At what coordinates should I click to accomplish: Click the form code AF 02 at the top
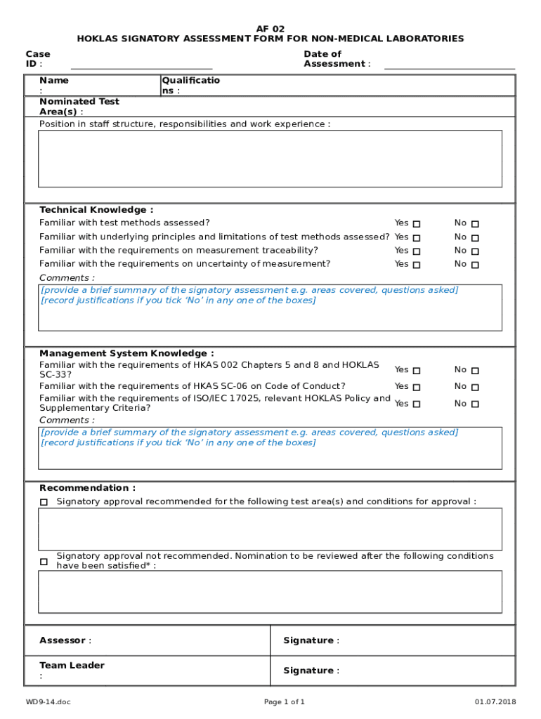tap(270, 29)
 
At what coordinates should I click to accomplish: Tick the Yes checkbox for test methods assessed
tap(417, 224)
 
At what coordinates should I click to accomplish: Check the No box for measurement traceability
tap(475, 251)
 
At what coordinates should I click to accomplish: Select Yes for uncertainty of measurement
tap(417, 265)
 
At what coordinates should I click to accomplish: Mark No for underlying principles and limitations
tap(475, 238)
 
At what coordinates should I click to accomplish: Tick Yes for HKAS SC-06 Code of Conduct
tap(417, 387)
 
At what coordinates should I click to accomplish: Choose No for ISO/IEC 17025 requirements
tap(475, 404)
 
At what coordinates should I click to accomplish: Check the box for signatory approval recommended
tap(44, 502)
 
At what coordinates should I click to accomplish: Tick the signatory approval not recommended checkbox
tap(44, 562)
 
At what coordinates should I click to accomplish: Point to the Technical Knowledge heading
tap(96, 210)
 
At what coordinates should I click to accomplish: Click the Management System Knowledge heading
tap(126, 353)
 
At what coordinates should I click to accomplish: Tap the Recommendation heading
tap(88, 488)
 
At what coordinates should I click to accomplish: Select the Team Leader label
tap(72, 666)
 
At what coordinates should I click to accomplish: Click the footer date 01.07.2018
tap(495, 702)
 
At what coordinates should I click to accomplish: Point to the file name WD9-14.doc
tap(48, 702)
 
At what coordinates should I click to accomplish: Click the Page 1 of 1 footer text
tap(285, 702)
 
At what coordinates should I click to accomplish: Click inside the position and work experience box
tap(270, 159)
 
